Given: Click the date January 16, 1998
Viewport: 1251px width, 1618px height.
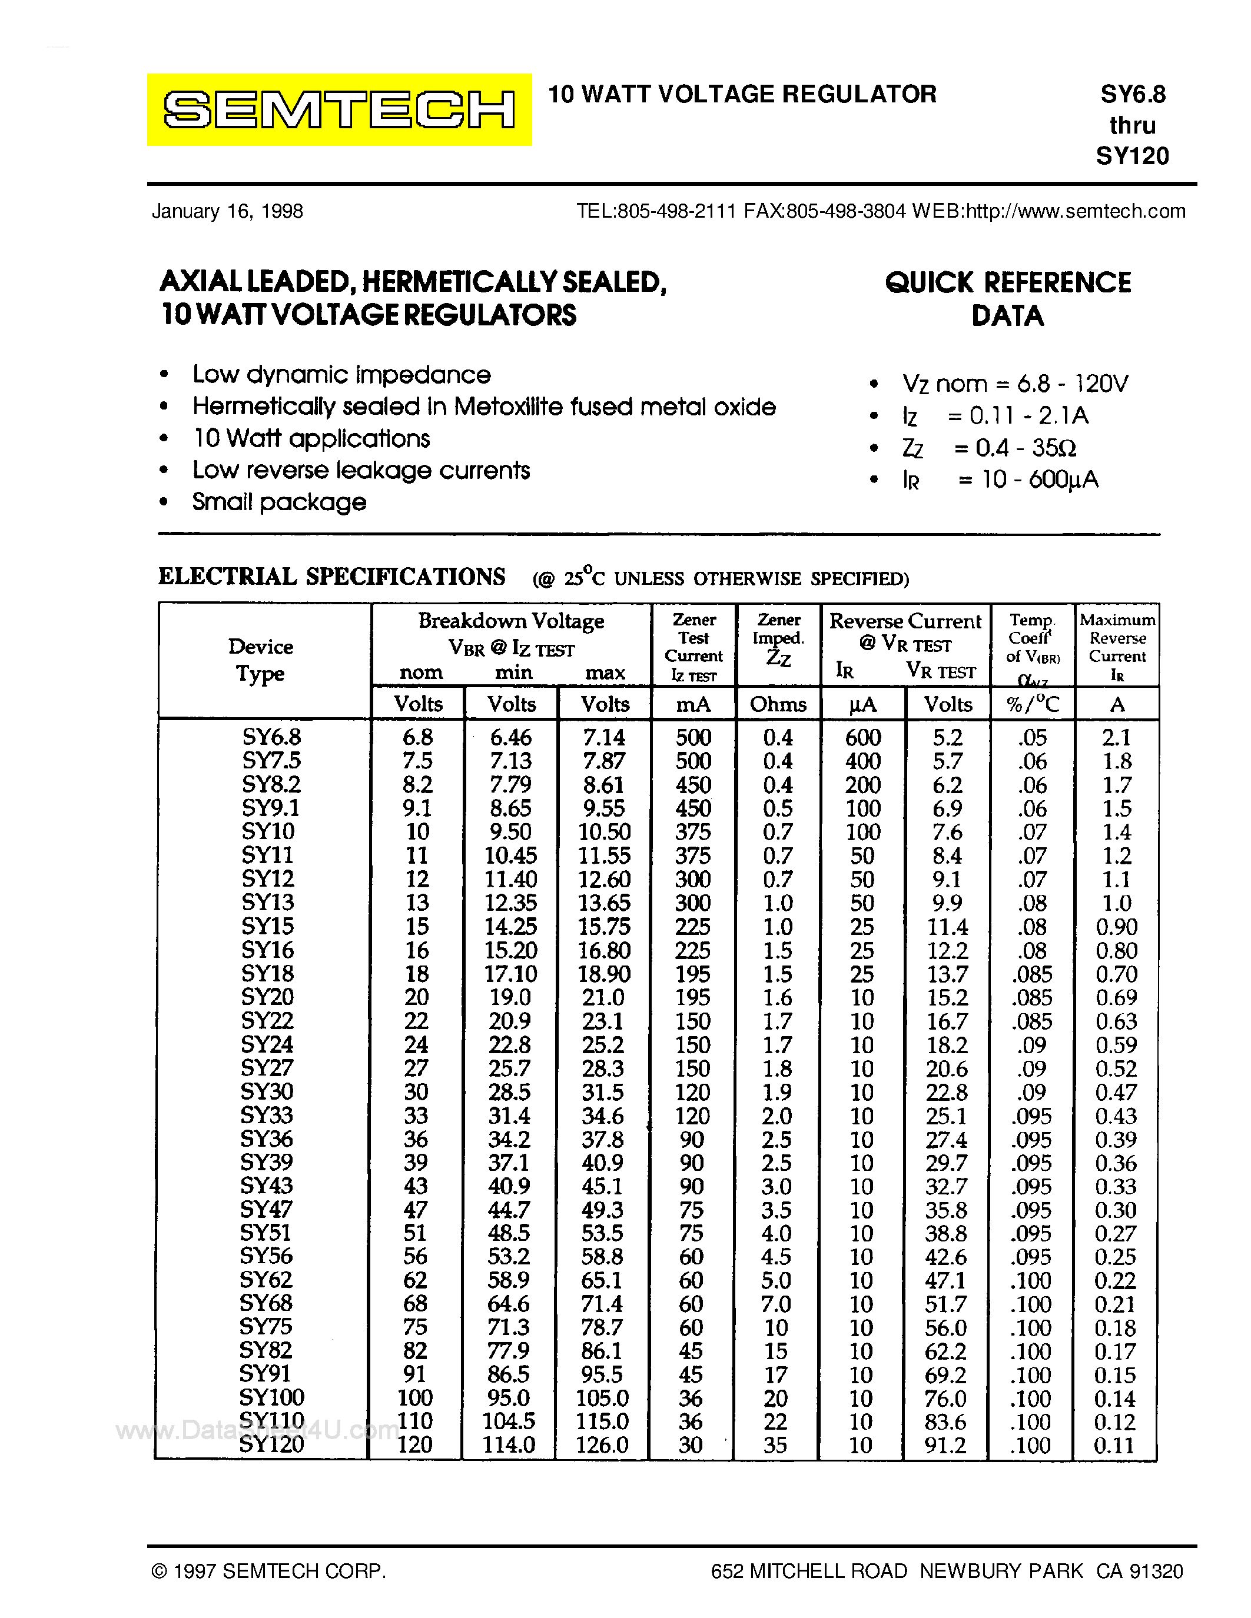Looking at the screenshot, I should (227, 211).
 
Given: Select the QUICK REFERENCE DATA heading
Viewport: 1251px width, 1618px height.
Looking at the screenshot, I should (1007, 298).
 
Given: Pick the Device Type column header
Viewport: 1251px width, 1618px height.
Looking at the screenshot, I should (261, 660).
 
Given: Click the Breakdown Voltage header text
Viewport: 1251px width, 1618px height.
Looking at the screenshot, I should (510, 621).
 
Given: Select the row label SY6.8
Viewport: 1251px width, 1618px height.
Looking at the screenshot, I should (271, 737).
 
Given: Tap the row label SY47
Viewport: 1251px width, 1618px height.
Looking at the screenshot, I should (266, 1209).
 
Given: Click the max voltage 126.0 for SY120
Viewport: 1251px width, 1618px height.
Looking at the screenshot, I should (602, 1444).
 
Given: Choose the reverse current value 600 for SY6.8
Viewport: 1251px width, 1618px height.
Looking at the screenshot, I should (862, 737).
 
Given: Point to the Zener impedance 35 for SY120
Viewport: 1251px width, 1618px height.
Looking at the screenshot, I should (775, 1444).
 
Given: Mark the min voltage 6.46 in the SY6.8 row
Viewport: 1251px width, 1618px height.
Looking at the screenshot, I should (510, 737).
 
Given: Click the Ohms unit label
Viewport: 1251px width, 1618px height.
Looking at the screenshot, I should (778, 704).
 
